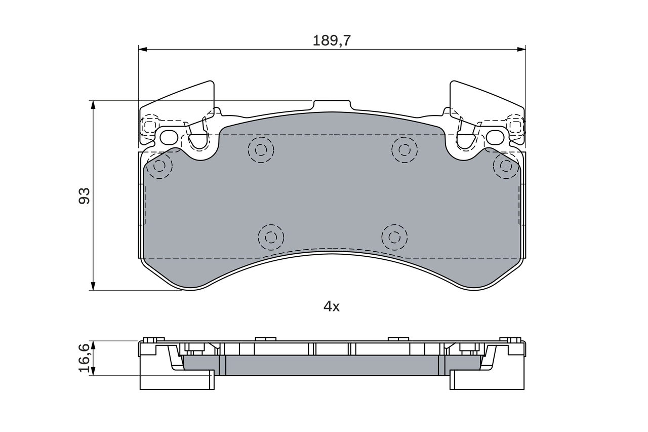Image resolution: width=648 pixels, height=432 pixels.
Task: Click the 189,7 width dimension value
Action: point(332,41)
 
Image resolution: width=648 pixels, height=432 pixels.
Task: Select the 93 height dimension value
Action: point(84,195)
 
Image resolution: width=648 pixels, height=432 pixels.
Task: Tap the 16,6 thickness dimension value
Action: point(84,358)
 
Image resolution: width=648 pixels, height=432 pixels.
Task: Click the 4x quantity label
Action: point(332,306)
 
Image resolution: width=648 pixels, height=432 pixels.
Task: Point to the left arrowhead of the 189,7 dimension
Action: point(142,49)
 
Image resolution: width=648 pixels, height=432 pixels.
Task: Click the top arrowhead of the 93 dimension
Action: point(93,104)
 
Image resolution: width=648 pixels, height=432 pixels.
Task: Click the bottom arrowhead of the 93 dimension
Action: point(93,286)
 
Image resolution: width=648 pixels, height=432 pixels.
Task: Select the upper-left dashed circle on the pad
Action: point(261,149)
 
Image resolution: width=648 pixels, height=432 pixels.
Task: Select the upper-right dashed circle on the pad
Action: point(404,149)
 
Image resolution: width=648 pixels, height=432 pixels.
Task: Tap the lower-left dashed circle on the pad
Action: point(271,237)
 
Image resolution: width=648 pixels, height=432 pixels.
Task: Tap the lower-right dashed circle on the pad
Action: point(394,237)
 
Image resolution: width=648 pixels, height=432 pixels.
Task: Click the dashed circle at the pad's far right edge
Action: point(505,166)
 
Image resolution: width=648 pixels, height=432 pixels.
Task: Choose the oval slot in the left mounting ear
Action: point(169,137)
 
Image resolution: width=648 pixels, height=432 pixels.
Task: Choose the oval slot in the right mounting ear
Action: point(496,137)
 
